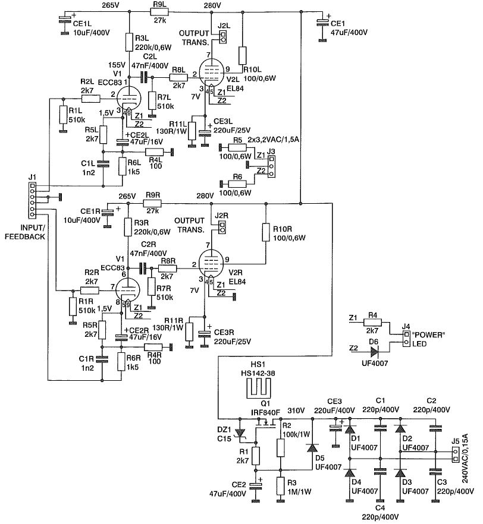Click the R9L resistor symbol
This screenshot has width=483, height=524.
(159, 12)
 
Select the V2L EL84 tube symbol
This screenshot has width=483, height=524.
(211, 72)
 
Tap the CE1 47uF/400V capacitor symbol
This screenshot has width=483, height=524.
(323, 21)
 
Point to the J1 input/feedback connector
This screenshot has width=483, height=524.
(33, 201)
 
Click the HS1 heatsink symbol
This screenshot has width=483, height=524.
(259, 389)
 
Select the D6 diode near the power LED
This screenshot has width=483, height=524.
(374, 351)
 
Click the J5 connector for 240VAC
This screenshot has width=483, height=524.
(456, 455)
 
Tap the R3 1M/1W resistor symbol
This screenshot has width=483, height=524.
(280, 486)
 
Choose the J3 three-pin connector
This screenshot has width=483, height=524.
(271, 166)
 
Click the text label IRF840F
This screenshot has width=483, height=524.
(265, 413)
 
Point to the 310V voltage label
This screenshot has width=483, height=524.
(296, 411)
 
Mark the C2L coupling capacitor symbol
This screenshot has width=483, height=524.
(144, 77)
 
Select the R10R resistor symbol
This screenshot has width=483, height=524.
(266, 233)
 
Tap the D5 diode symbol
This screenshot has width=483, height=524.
(312, 448)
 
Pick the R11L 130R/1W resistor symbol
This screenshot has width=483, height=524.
(192, 131)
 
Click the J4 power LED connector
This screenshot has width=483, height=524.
(406, 338)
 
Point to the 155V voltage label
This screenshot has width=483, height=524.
(117, 65)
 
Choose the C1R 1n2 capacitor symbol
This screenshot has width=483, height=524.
(102, 359)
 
